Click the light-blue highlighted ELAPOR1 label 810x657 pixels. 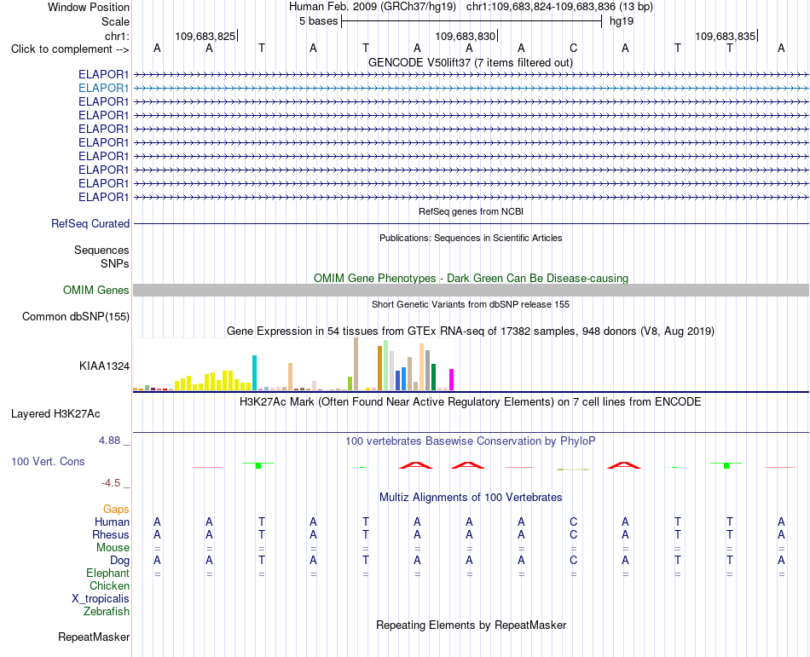[103, 89]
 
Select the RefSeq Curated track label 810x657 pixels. [90, 223]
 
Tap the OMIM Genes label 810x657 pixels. [96, 290]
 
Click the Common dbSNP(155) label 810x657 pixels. [76, 316]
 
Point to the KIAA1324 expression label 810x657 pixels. [104, 366]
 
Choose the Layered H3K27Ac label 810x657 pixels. [55, 414]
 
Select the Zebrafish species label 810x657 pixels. [107, 612]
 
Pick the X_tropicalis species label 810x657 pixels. [101, 599]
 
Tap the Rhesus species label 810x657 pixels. [111, 534]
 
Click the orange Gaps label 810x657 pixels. [116, 510]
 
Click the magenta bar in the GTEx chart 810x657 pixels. [452, 379]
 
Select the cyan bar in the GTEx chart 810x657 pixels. [254, 372]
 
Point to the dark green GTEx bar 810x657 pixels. [433, 377]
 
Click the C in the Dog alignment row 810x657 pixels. [574, 560]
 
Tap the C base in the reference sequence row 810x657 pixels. [574, 48]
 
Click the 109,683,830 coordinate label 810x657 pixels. [466, 36]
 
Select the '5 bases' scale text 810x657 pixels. [318, 21]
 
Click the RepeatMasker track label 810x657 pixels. [94, 637]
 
